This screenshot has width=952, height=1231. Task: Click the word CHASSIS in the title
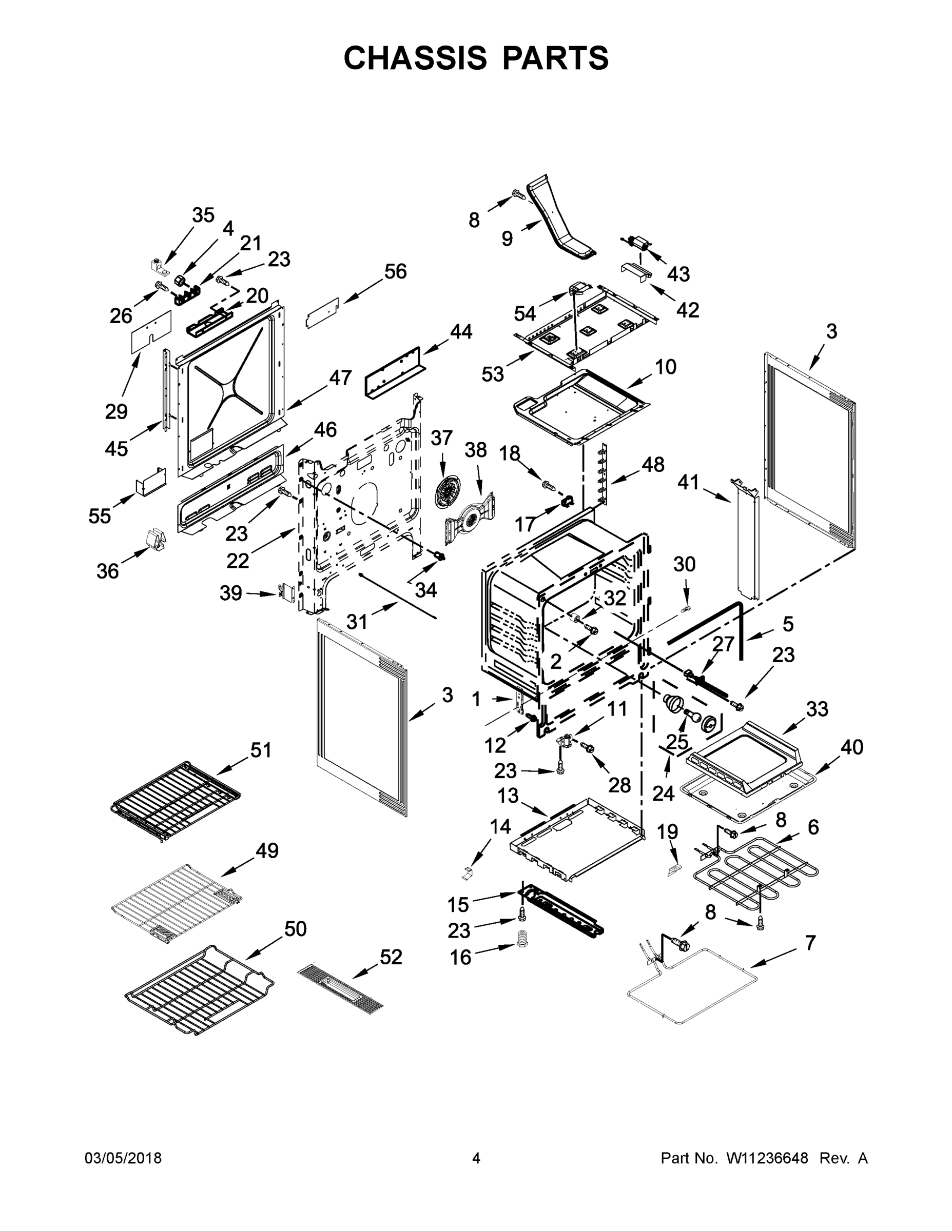point(415,57)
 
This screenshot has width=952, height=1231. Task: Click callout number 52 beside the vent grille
point(391,957)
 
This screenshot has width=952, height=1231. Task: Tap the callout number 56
point(395,272)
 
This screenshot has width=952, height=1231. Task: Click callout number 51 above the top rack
point(261,750)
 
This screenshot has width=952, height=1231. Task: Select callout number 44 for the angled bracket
point(461,331)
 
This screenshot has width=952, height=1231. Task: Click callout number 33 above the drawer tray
point(817,708)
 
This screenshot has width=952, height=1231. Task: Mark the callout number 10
point(666,367)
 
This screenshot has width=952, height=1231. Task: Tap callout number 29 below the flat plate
point(116,411)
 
